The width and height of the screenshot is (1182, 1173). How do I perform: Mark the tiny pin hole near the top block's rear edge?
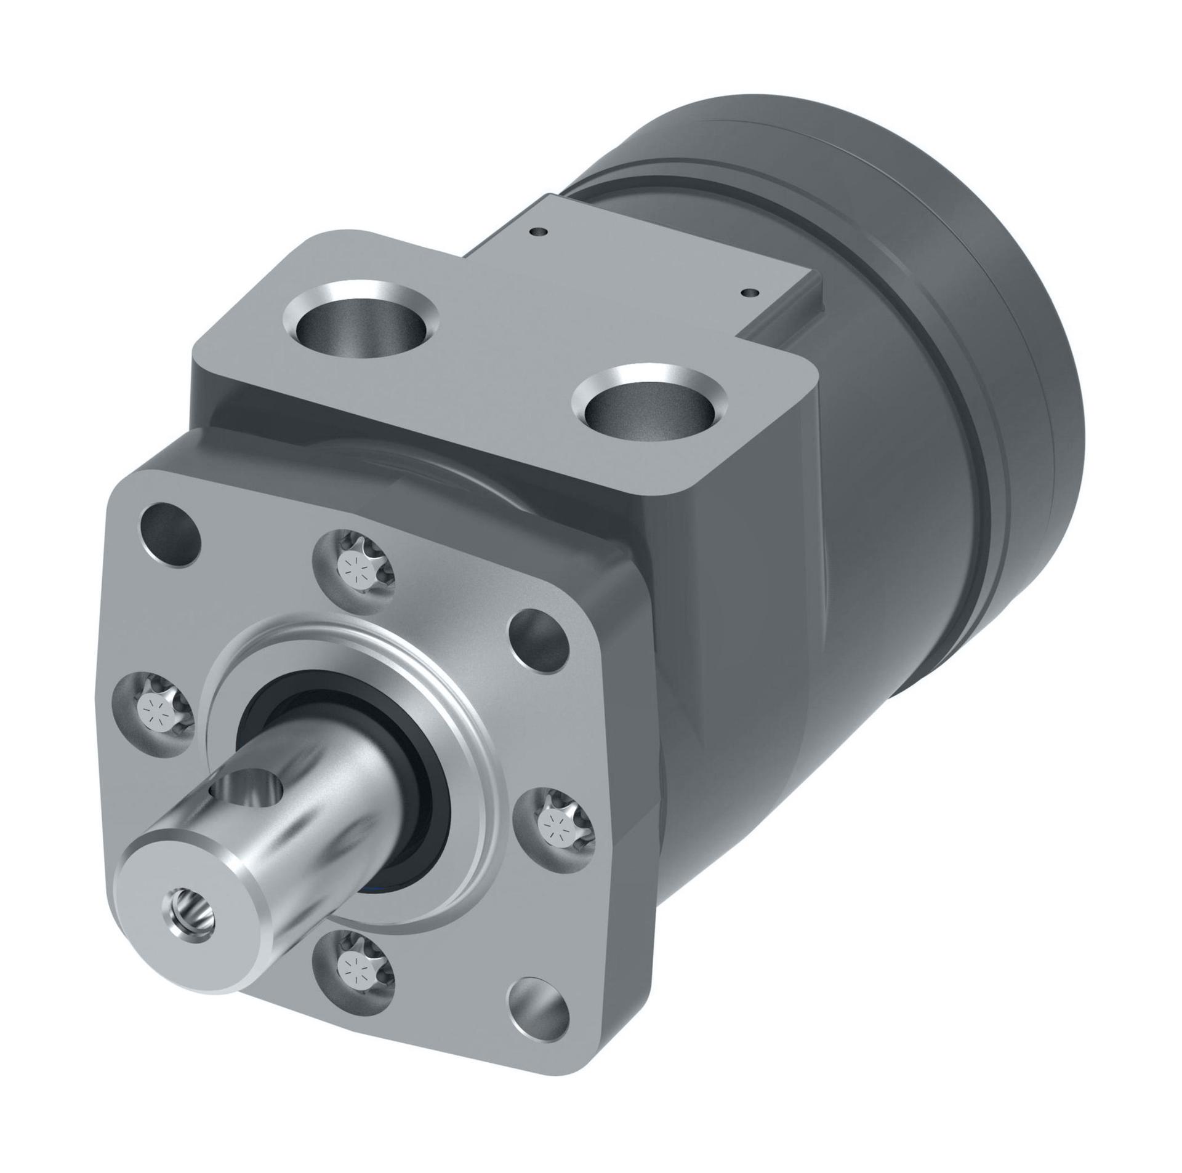click(x=540, y=232)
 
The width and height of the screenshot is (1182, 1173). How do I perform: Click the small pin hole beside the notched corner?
click(x=749, y=292)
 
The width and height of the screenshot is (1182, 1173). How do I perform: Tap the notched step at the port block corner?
click(x=794, y=320)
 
